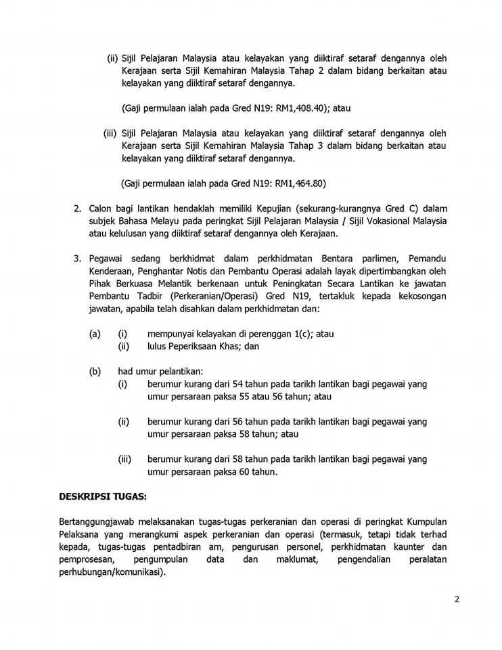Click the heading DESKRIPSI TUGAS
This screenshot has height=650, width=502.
(103, 496)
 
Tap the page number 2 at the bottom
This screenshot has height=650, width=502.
(457, 599)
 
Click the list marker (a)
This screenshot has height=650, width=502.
(95, 334)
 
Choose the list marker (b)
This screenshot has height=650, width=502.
(95, 371)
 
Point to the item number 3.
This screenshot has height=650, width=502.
(77, 258)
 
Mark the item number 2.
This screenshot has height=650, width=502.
(77, 208)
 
